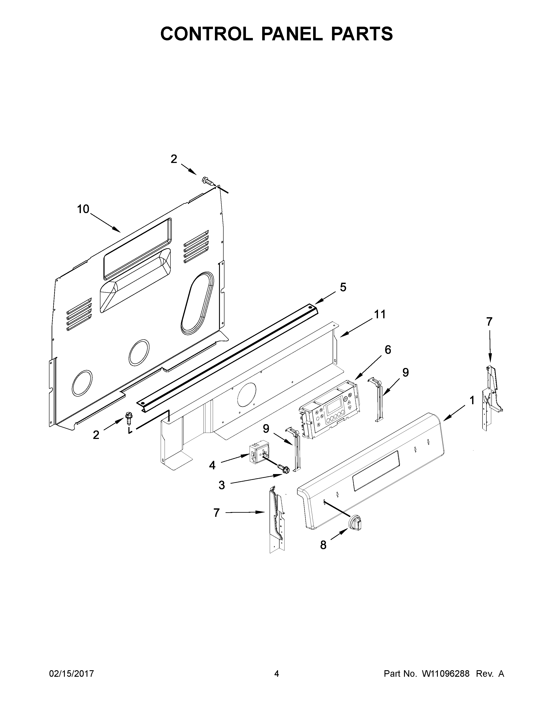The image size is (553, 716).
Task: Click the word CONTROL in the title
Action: pyautogui.click(x=207, y=34)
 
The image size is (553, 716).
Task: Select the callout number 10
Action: pyautogui.click(x=83, y=209)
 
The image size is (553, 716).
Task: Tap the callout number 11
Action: pyautogui.click(x=380, y=314)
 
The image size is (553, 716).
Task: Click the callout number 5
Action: pyautogui.click(x=343, y=287)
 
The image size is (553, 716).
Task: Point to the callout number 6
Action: pyautogui.click(x=388, y=350)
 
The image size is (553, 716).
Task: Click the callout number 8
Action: pyautogui.click(x=323, y=545)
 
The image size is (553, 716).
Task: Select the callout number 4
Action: pyautogui.click(x=212, y=465)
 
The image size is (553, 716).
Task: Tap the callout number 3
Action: pyautogui.click(x=222, y=494)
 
